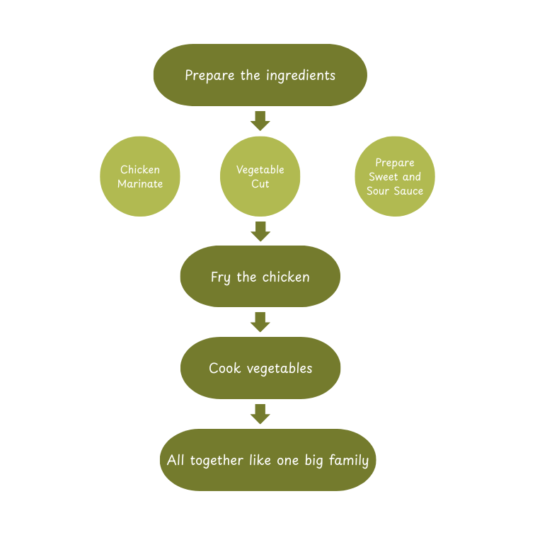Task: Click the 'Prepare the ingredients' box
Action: [260, 75]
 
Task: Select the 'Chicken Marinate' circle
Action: [140, 176]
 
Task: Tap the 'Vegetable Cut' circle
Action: [260, 176]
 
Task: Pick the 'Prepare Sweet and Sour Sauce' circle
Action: [394, 176]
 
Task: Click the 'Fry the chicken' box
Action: [260, 277]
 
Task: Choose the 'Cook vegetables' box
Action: [260, 368]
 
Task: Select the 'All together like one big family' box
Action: [267, 460]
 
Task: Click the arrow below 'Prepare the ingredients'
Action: [260, 120]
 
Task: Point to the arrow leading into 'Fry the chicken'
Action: [260, 231]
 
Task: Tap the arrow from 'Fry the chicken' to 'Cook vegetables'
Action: [260, 322]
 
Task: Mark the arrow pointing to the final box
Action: [260, 414]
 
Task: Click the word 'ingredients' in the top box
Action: [300, 76]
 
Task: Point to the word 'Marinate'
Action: [140, 184]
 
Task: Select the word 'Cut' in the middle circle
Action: [260, 184]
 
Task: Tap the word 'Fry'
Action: [220, 277]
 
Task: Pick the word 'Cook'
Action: [224, 368]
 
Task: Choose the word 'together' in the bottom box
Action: [215, 461]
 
